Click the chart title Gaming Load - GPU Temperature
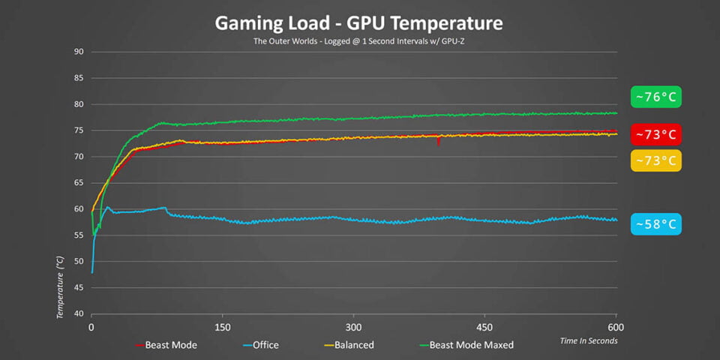click(358, 22)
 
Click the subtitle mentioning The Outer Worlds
click(358, 41)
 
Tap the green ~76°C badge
click(656, 97)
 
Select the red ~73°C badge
click(656, 135)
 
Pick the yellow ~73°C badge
click(656, 160)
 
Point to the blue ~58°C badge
click(656, 223)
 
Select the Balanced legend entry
click(351, 345)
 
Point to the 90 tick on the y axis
click(78, 52)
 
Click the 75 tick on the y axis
click(78, 130)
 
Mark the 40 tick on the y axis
click(78, 314)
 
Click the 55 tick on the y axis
click(78, 235)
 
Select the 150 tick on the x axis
click(222, 328)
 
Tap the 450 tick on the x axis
click(484, 328)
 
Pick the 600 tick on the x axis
click(616, 328)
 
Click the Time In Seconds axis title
click(589, 341)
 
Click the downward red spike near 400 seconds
click(438, 142)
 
